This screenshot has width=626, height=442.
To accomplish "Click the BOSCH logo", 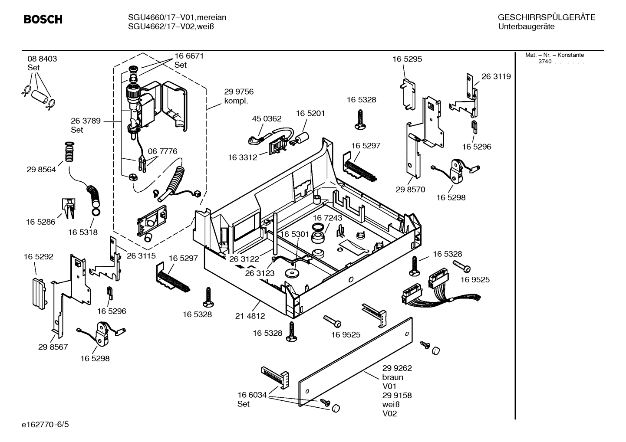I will click(x=43, y=20).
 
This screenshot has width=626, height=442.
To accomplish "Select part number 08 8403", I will click(x=42, y=59).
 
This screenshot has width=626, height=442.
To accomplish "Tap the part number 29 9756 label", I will click(x=239, y=92).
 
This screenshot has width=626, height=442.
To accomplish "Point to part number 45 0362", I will click(x=267, y=118).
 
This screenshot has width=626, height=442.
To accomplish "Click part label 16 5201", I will click(x=310, y=113).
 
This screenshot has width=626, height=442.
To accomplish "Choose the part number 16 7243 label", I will click(x=327, y=218).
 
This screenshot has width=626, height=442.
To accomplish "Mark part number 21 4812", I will click(x=250, y=316).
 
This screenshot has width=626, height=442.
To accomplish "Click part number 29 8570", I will click(x=410, y=190).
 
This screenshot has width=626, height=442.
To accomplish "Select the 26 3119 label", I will click(x=496, y=77).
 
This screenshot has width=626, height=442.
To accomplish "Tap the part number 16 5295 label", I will click(x=407, y=59).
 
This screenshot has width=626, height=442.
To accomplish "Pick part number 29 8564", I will click(x=41, y=170).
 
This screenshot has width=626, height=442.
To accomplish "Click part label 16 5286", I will click(x=40, y=222).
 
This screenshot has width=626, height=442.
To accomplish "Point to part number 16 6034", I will click(x=252, y=395).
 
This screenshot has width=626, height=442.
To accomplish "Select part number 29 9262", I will click(x=397, y=368).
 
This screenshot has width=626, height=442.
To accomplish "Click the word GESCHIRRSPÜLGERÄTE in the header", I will click(x=546, y=18).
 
